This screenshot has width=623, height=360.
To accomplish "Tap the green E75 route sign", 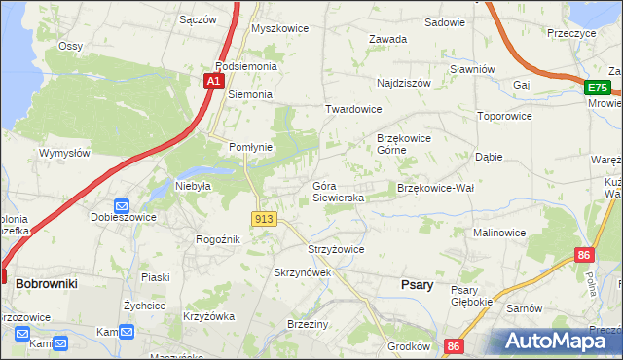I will [597, 88].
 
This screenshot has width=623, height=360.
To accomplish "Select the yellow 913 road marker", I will [262, 220].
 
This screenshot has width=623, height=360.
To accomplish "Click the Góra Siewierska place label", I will [338, 192].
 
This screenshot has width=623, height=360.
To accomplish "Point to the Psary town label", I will [418, 285].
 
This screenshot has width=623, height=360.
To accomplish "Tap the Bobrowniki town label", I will [47, 283].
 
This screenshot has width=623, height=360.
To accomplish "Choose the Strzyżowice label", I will [336, 249].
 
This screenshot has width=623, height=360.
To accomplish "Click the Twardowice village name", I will [352, 110].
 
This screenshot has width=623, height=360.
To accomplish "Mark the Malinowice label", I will [499, 234].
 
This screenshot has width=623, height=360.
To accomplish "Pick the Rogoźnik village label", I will [218, 240].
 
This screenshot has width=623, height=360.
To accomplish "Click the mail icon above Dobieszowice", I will [122, 205].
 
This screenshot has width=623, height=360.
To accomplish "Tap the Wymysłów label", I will [64, 153].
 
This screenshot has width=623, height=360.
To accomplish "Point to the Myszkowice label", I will [279, 28].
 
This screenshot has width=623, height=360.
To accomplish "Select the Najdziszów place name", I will [403, 84].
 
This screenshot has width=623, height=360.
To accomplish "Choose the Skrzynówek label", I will [303, 273].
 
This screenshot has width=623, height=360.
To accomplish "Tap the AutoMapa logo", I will [555, 342].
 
